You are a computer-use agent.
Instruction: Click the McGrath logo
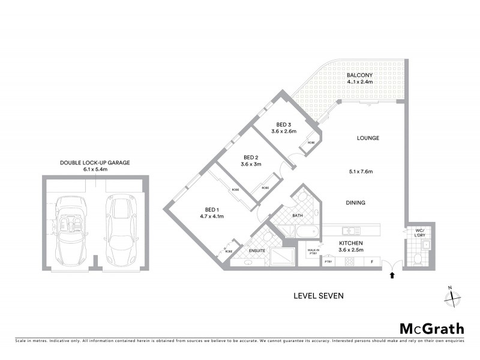pyautogui.click(x=432, y=328)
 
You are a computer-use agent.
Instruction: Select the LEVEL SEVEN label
pyautogui.click(x=317, y=295)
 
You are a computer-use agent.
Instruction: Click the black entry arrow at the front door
pyautogui.click(x=392, y=275)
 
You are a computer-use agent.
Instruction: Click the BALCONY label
pyautogui.click(x=360, y=75)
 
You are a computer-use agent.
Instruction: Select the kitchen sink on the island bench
pyautogui.click(x=349, y=230)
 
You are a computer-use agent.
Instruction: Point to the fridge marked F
pyautogui.click(x=371, y=262)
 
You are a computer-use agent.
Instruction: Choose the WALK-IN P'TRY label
pyautogui.click(x=313, y=251)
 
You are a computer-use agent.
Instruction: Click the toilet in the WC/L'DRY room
pyautogui.click(x=418, y=259)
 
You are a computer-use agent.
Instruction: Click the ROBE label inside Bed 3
pyautogui.click(x=311, y=143)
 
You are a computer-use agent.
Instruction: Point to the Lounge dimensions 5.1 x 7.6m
pyautogui.click(x=360, y=172)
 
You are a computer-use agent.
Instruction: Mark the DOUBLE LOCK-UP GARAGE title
pyautogui.click(x=95, y=162)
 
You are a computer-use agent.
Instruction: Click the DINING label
pyautogui.click(x=355, y=203)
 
